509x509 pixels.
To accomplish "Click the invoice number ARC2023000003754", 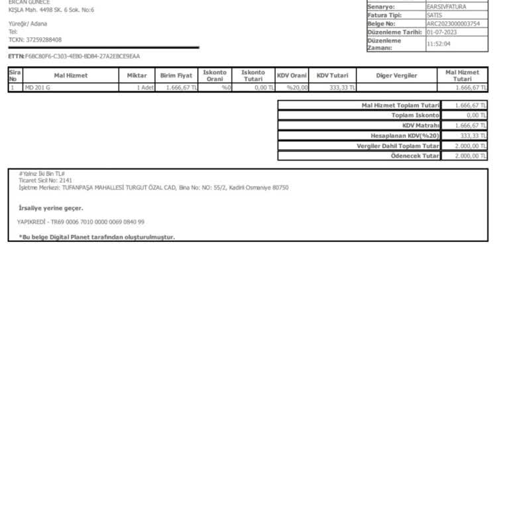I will (453, 24).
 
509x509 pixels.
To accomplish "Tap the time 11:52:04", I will (439, 44).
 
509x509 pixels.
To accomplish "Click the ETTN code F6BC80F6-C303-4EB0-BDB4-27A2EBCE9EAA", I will (82, 56).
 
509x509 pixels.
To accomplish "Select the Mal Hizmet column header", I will (71, 76).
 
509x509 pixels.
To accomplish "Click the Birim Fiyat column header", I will (176, 76).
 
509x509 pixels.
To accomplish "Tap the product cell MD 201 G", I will (38, 87).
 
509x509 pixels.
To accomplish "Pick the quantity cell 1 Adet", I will (144, 87).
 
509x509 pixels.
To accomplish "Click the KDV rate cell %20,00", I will (298, 87).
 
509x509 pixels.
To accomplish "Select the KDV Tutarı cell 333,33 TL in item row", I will (342, 87).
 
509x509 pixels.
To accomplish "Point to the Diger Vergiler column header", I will (396, 76).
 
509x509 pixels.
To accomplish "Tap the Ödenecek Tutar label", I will (415, 156).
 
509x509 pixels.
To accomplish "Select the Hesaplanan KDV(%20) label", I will (405, 135).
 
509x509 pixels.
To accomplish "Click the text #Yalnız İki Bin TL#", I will (42, 174).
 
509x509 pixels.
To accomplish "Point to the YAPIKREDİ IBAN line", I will (81, 222).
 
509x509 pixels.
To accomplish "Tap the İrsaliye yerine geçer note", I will (51, 208).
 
